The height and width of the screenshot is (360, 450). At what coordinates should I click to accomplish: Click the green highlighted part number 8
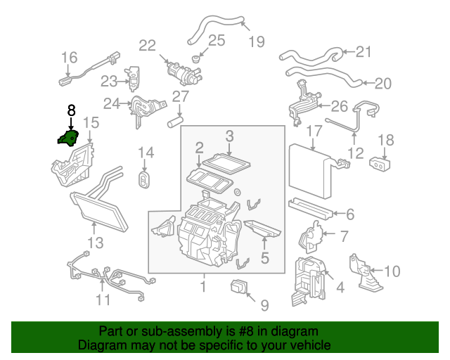68,138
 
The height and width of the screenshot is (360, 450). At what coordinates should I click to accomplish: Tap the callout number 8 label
70,110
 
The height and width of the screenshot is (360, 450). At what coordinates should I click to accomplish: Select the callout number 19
256,41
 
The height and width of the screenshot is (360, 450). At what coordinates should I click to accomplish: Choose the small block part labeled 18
380,164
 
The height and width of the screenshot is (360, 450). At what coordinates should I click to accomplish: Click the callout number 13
95,243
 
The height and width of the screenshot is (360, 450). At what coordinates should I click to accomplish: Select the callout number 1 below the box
203,286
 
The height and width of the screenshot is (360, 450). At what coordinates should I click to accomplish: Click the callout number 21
363,51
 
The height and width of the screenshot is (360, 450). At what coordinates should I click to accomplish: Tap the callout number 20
382,84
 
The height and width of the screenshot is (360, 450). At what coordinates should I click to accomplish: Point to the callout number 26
339,107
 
